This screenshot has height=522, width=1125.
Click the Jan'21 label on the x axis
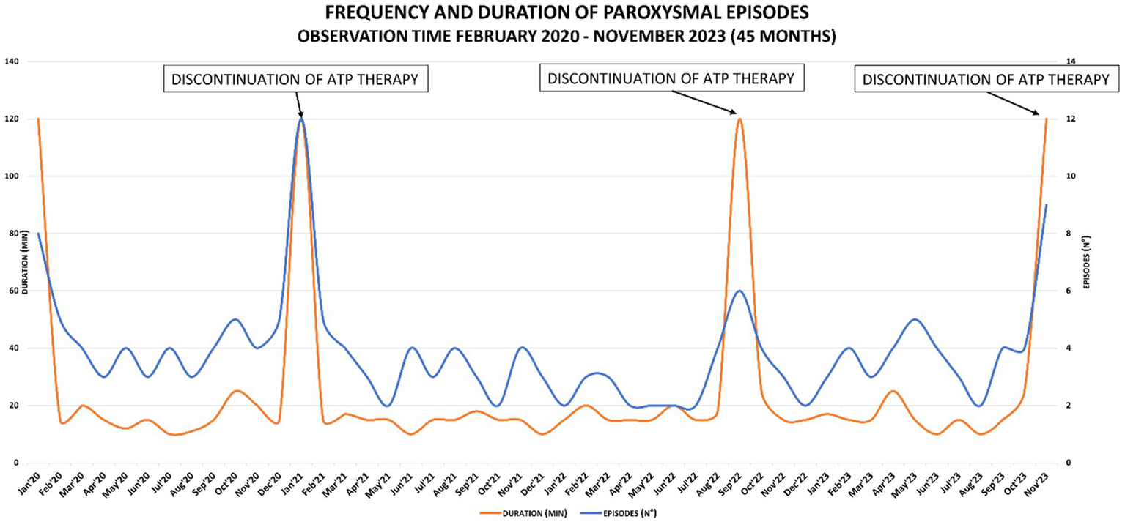click(297, 484)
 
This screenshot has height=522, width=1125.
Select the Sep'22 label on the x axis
click(735, 484)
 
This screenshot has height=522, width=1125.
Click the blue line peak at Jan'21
click(301, 119)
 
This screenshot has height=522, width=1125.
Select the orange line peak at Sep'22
click(739, 119)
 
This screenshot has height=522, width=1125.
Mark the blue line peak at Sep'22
click(739, 291)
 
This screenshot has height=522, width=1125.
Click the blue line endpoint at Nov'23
click(1046, 205)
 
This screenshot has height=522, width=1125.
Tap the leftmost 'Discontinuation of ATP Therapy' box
click(295, 78)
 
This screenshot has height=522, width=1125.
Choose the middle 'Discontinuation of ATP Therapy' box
click(671, 78)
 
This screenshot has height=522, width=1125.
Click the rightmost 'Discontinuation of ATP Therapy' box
click(986, 80)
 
